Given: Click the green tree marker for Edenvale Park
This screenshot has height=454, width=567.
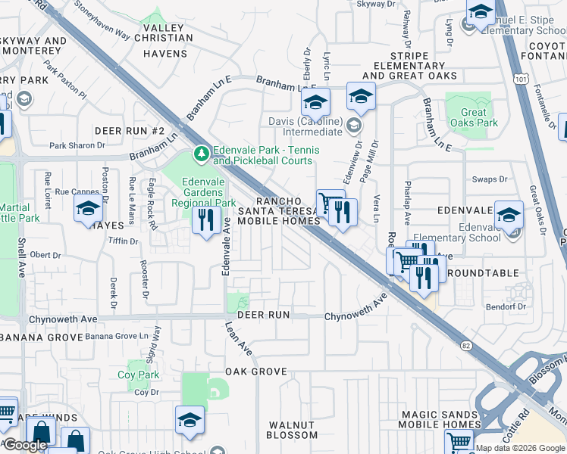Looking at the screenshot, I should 201,154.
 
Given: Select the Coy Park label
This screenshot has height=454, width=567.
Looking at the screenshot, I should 138,375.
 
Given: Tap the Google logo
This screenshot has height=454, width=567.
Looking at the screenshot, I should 25,445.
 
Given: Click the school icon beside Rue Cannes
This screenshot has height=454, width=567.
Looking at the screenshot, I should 88,210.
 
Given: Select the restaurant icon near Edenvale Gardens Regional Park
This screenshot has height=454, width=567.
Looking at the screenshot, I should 206,220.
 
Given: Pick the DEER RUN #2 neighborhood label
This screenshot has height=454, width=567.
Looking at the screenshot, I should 130,131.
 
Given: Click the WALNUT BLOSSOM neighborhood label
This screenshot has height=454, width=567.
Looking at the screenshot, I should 292,430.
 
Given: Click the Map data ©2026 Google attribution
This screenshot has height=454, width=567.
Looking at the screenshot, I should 520,448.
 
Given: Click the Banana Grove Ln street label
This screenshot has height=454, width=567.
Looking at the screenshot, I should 116,336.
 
